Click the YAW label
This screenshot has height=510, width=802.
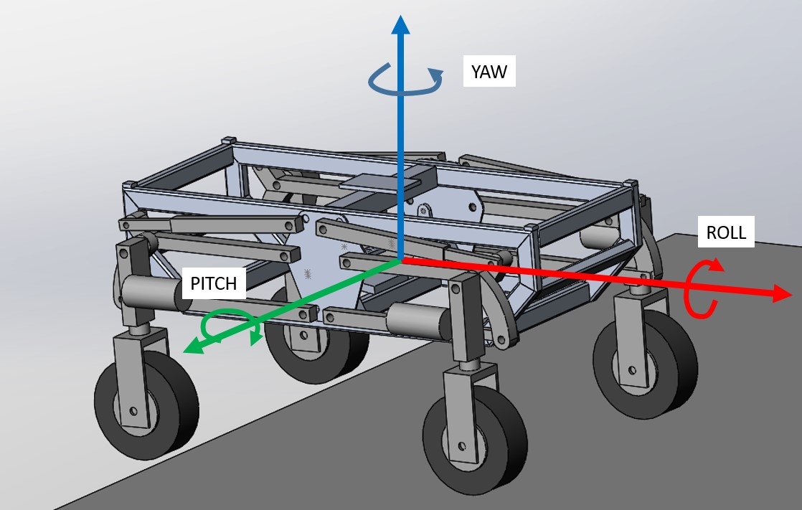[489, 72]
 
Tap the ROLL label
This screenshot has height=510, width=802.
[726, 232]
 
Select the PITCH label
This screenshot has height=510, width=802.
[213, 283]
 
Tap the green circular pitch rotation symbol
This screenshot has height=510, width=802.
[227, 329]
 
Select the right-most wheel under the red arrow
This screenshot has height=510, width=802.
[645, 367]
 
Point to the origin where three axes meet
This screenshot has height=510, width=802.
[400, 259]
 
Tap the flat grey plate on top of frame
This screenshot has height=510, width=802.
[387, 179]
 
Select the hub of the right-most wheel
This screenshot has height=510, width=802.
[632, 370]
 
